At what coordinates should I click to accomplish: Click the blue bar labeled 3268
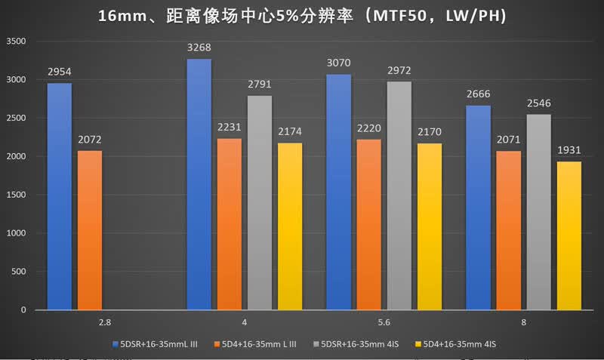[x=199, y=184]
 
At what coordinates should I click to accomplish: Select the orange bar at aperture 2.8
[x=90, y=230]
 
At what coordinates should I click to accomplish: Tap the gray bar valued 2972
[x=399, y=195]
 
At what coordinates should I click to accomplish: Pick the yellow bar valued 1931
[x=569, y=235]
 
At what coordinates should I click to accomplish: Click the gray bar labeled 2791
[x=260, y=203]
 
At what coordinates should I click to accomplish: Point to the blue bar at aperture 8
[x=478, y=208]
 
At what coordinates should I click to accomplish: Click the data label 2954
[x=60, y=72]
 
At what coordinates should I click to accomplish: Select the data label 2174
[x=290, y=131]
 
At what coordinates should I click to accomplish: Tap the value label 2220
[x=368, y=128]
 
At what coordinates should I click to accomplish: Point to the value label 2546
[x=538, y=103]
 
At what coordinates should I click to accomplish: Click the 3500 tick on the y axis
[x=16, y=42]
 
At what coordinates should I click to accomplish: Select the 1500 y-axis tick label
[x=16, y=195]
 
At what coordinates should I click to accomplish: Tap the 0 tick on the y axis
[x=23, y=310]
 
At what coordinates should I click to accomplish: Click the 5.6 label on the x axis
[x=384, y=322]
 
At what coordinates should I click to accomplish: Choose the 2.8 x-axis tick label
[x=105, y=322]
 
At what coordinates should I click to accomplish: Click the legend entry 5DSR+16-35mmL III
[x=155, y=344]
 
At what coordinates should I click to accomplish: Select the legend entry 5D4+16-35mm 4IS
[x=455, y=344]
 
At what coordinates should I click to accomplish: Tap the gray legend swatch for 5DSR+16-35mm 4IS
[x=316, y=344]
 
